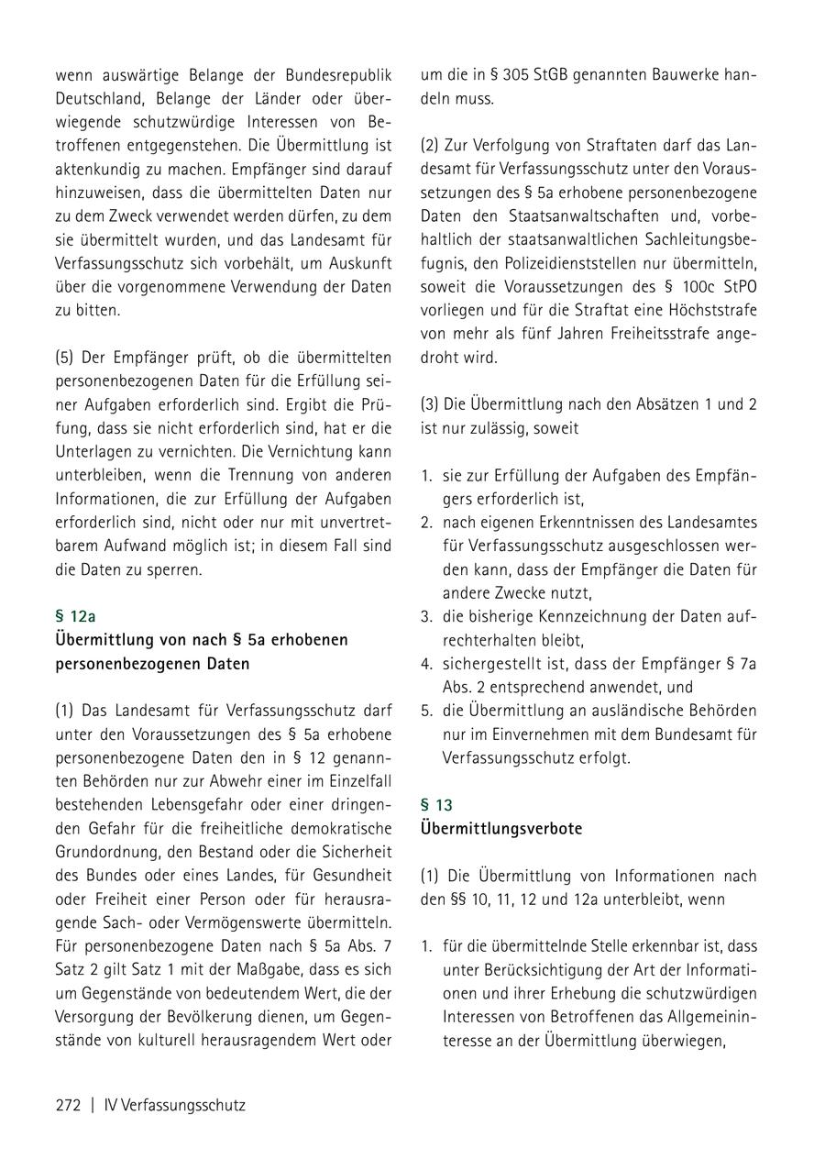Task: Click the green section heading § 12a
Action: click(x=75, y=616)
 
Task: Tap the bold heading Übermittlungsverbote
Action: click(x=501, y=829)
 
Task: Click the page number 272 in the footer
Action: click(x=69, y=1105)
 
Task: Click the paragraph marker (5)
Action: click(x=65, y=356)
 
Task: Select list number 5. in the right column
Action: click(x=426, y=711)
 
